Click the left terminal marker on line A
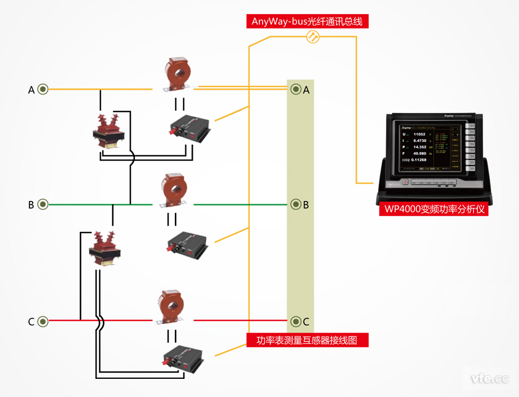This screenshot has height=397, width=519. click(43, 89)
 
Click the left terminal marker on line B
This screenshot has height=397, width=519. click(43, 204)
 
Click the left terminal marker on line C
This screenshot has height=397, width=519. click(43, 322)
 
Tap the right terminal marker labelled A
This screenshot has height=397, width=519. click(296, 89)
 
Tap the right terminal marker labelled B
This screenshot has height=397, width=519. click(296, 204)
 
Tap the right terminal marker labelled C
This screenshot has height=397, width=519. click(296, 321)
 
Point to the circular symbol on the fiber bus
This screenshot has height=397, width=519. click(313, 37)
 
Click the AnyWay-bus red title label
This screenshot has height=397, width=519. click(307, 21)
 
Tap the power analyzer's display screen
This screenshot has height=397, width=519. click(430, 148)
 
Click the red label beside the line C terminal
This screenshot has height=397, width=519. click(307, 340)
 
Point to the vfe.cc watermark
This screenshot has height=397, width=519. click(489, 379)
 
